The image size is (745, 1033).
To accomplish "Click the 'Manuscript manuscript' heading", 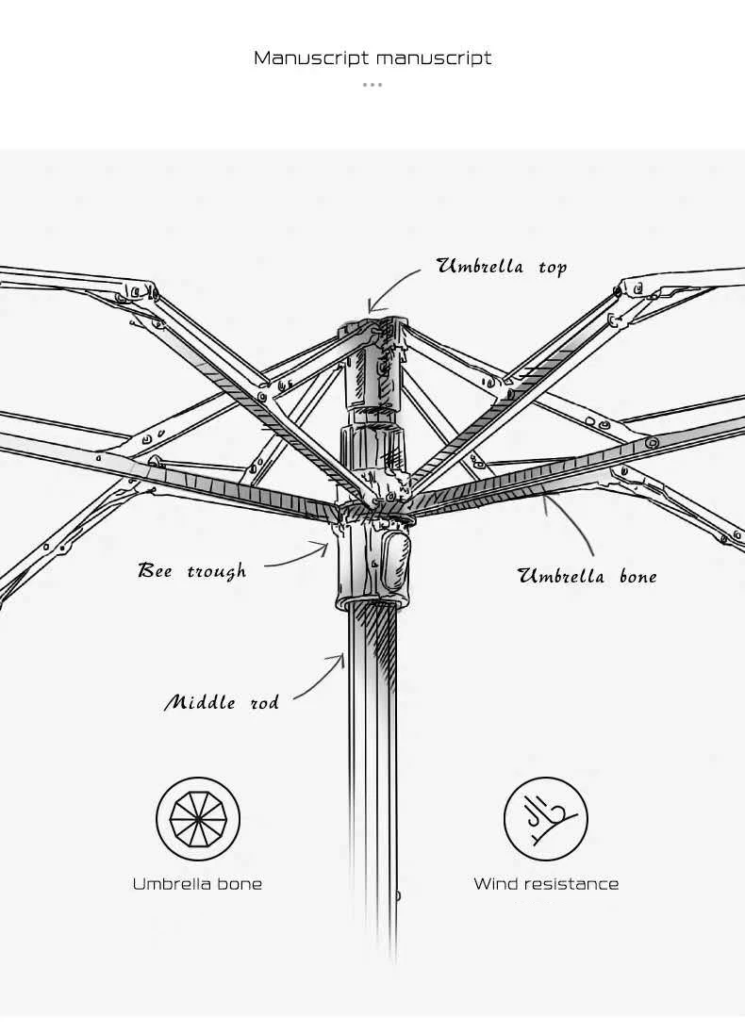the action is [372, 58].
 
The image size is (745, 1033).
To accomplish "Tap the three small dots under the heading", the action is [372, 85].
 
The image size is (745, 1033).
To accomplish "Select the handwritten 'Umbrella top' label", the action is [501, 267].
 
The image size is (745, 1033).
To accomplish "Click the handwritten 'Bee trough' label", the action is [191, 571].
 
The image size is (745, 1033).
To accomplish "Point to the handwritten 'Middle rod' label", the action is [222, 703].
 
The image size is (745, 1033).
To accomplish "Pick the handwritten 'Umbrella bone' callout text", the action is [587, 577].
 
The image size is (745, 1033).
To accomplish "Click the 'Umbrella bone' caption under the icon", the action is [197, 884].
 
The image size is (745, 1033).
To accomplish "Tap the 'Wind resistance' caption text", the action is [546, 884].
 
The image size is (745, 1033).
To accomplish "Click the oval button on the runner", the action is [394, 558].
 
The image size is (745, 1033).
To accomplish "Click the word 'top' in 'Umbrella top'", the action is [553, 268].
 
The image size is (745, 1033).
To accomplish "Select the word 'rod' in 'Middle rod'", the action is [264, 703].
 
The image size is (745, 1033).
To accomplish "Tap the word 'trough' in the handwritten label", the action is [216, 572].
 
